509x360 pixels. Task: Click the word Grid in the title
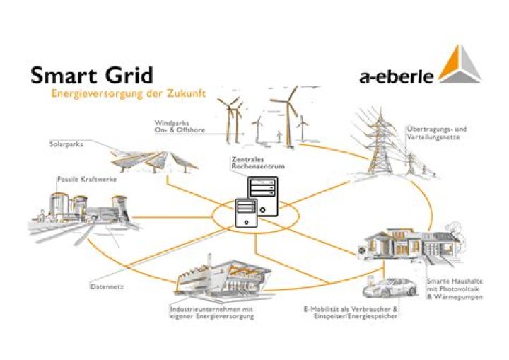pos(129,75)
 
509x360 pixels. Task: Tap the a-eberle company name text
pos(397,76)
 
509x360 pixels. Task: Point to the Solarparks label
pos(66,144)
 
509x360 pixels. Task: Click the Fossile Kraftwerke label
pos(87,179)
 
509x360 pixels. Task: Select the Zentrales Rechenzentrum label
pos(258,163)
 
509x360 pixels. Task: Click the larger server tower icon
pos(263,196)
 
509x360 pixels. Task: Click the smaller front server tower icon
pos(246,213)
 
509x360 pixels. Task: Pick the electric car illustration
pos(390,288)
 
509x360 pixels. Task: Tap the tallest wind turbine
pos(286,117)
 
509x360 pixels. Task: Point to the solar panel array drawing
pos(154,161)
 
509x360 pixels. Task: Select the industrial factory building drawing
pos(223,275)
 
